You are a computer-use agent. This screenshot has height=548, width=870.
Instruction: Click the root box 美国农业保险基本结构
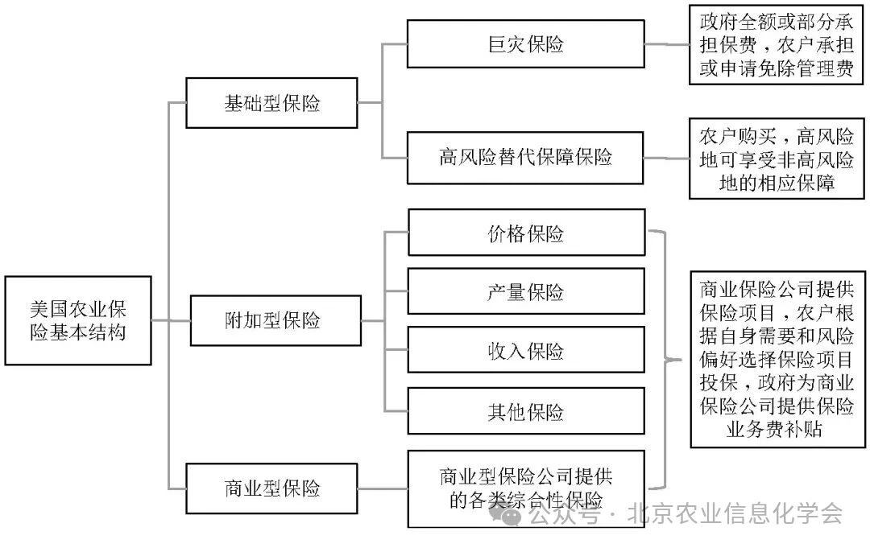pyautogui.click(x=78, y=320)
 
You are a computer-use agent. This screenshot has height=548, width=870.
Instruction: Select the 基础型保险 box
pyautogui.click(x=271, y=103)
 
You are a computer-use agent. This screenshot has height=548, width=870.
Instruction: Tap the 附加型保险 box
pyautogui.click(x=271, y=320)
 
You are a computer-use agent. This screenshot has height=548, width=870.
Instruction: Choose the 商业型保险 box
pyautogui.click(x=271, y=488)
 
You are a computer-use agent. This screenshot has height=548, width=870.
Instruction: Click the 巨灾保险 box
pyautogui.click(x=526, y=44)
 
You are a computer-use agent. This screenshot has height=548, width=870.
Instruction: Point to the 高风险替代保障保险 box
pyautogui.click(x=526, y=155)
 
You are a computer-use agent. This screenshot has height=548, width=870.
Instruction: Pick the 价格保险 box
pyautogui.click(x=526, y=233)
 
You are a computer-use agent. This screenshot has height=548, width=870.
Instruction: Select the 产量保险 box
pyautogui.click(x=526, y=291)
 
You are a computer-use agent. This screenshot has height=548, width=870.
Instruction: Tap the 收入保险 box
pyautogui.click(x=526, y=350)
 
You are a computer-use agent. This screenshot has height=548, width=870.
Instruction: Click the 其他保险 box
pyautogui.click(x=526, y=411)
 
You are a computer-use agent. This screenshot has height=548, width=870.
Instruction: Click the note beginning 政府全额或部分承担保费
pyautogui.click(x=776, y=44)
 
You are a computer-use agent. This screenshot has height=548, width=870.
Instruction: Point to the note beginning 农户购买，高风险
pyautogui.click(x=776, y=159)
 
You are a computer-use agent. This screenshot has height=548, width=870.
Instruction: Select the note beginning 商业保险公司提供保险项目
pyautogui.click(x=778, y=359)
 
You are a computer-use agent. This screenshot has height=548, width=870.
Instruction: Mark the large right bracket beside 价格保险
pyautogui.click(x=662, y=359)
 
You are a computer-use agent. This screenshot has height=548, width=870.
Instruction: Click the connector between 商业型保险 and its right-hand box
pyautogui.click(x=383, y=488)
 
